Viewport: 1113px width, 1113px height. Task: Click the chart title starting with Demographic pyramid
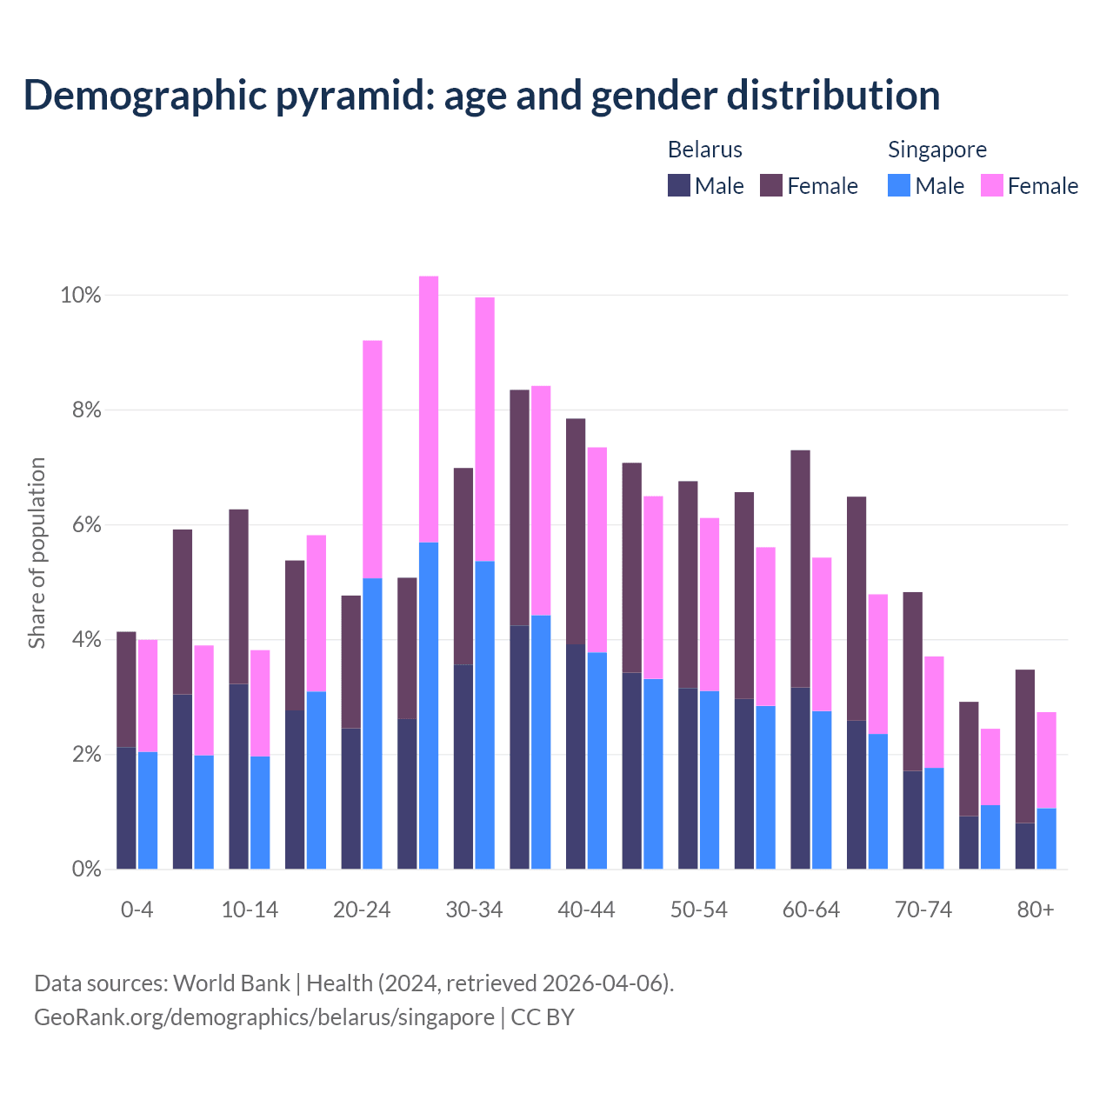tap(482, 95)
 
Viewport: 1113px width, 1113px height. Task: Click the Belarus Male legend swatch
tap(679, 185)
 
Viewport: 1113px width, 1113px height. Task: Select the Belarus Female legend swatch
tap(771, 185)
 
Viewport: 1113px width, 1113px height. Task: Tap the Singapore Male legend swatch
tap(899, 185)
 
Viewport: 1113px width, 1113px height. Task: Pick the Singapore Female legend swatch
tap(992, 185)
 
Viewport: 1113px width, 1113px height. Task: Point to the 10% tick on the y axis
tap(81, 296)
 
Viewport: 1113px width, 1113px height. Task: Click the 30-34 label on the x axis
tap(474, 910)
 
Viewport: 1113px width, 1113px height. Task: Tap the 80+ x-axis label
tap(1036, 910)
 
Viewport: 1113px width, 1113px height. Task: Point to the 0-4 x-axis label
tap(137, 910)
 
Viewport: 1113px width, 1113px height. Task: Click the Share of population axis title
tap(37, 553)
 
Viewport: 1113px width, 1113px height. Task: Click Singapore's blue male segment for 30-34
tap(485, 715)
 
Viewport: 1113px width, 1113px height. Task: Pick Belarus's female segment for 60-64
tap(800, 569)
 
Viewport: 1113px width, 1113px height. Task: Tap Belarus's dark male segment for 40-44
tap(576, 756)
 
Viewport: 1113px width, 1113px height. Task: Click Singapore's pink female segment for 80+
tap(1047, 760)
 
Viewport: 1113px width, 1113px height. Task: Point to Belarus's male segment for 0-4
tap(126, 808)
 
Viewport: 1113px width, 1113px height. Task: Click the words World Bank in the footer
tap(231, 983)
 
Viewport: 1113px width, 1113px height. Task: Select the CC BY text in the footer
tap(543, 1017)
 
